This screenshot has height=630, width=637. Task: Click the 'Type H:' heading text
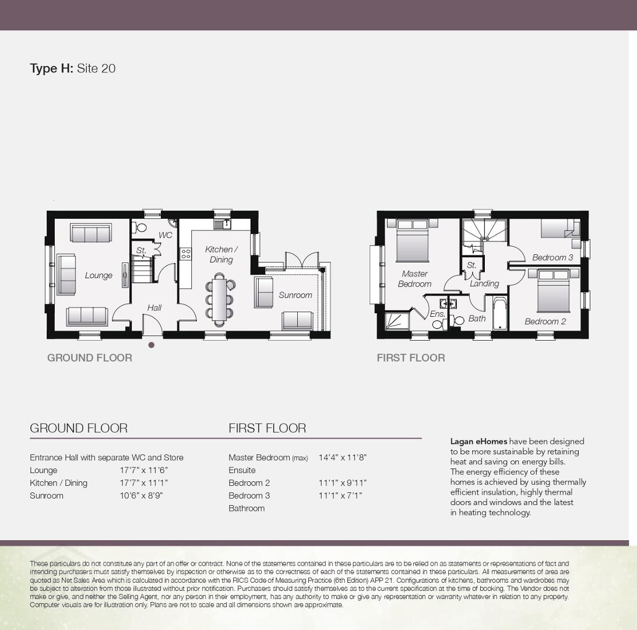coord(52,68)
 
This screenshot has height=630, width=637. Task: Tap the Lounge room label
coord(98,275)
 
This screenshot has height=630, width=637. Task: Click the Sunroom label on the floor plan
coord(295,295)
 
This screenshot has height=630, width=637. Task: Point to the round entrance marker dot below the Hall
coord(152,345)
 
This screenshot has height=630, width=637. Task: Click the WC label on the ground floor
coord(166,235)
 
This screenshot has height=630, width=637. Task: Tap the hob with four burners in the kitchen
coord(186,254)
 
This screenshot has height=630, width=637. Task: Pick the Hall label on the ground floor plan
coord(154,308)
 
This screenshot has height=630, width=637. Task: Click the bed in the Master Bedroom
coord(413,240)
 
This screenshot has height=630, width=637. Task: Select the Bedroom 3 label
coord(552,257)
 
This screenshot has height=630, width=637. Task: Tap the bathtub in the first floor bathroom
coord(499,314)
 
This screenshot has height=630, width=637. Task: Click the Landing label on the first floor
coord(484,283)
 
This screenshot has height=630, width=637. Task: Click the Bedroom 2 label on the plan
coord(545,321)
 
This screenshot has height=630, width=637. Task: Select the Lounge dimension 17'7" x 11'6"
coord(144,470)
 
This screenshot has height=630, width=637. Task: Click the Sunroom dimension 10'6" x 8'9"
coord(142,495)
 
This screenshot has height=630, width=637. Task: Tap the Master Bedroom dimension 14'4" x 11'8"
coord(343,457)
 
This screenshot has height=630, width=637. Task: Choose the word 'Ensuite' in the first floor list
coord(242,470)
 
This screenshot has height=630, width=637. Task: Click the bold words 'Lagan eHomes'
coord(478,441)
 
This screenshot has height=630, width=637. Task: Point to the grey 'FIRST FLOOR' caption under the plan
coord(411,358)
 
